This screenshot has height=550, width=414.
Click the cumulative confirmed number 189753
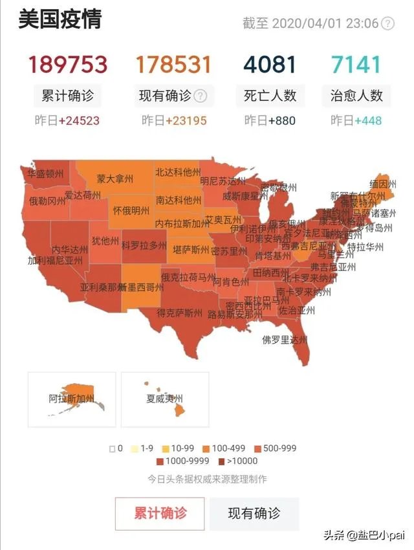pyautogui.click(x=67, y=65)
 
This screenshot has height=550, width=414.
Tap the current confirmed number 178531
pyautogui.click(x=173, y=65)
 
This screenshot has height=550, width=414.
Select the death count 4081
pyautogui.click(x=270, y=65)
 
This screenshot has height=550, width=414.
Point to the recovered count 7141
pyautogui.click(x=356, y=65)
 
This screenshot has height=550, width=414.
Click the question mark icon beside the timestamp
pyautogui.click(x=387, y=24)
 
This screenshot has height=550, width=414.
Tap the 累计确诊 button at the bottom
pyautogui.click(x=160, y=514)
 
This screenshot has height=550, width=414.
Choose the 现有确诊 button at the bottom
pyautogui.click(x=254, y=514)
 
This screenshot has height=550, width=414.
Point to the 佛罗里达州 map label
pyautogui.click(x=284, y=339)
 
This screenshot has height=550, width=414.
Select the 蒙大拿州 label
pyautogui.click(x=114, y=178)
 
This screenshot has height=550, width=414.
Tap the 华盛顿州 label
pyautogui.click(x=46, y=173)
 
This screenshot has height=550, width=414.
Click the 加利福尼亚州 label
pyautogui.click(x=55, y=261)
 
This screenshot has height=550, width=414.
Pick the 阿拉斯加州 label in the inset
pyautogui.click(x=71, y=399)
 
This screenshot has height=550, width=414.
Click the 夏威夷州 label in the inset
pyautogui.click(x=164, y=399)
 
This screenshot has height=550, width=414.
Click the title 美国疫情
pyautogui.click(x=60, y=20)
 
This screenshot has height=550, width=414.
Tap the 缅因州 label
pyautogui.click(x=383, y=184)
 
